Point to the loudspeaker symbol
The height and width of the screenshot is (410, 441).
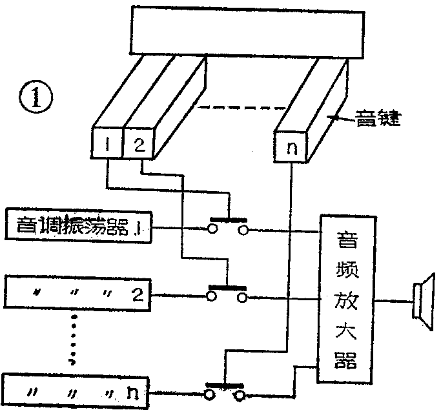(424, 301)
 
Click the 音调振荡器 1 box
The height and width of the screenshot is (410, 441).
(77, 227)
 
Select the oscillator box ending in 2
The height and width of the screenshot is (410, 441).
(77, 294)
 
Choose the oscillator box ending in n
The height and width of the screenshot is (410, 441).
(77, 391)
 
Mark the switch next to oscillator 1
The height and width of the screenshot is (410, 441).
(228, 227)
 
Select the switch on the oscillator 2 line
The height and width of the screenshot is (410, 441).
(228, 294)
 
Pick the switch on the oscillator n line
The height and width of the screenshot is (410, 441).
(224, 391)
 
